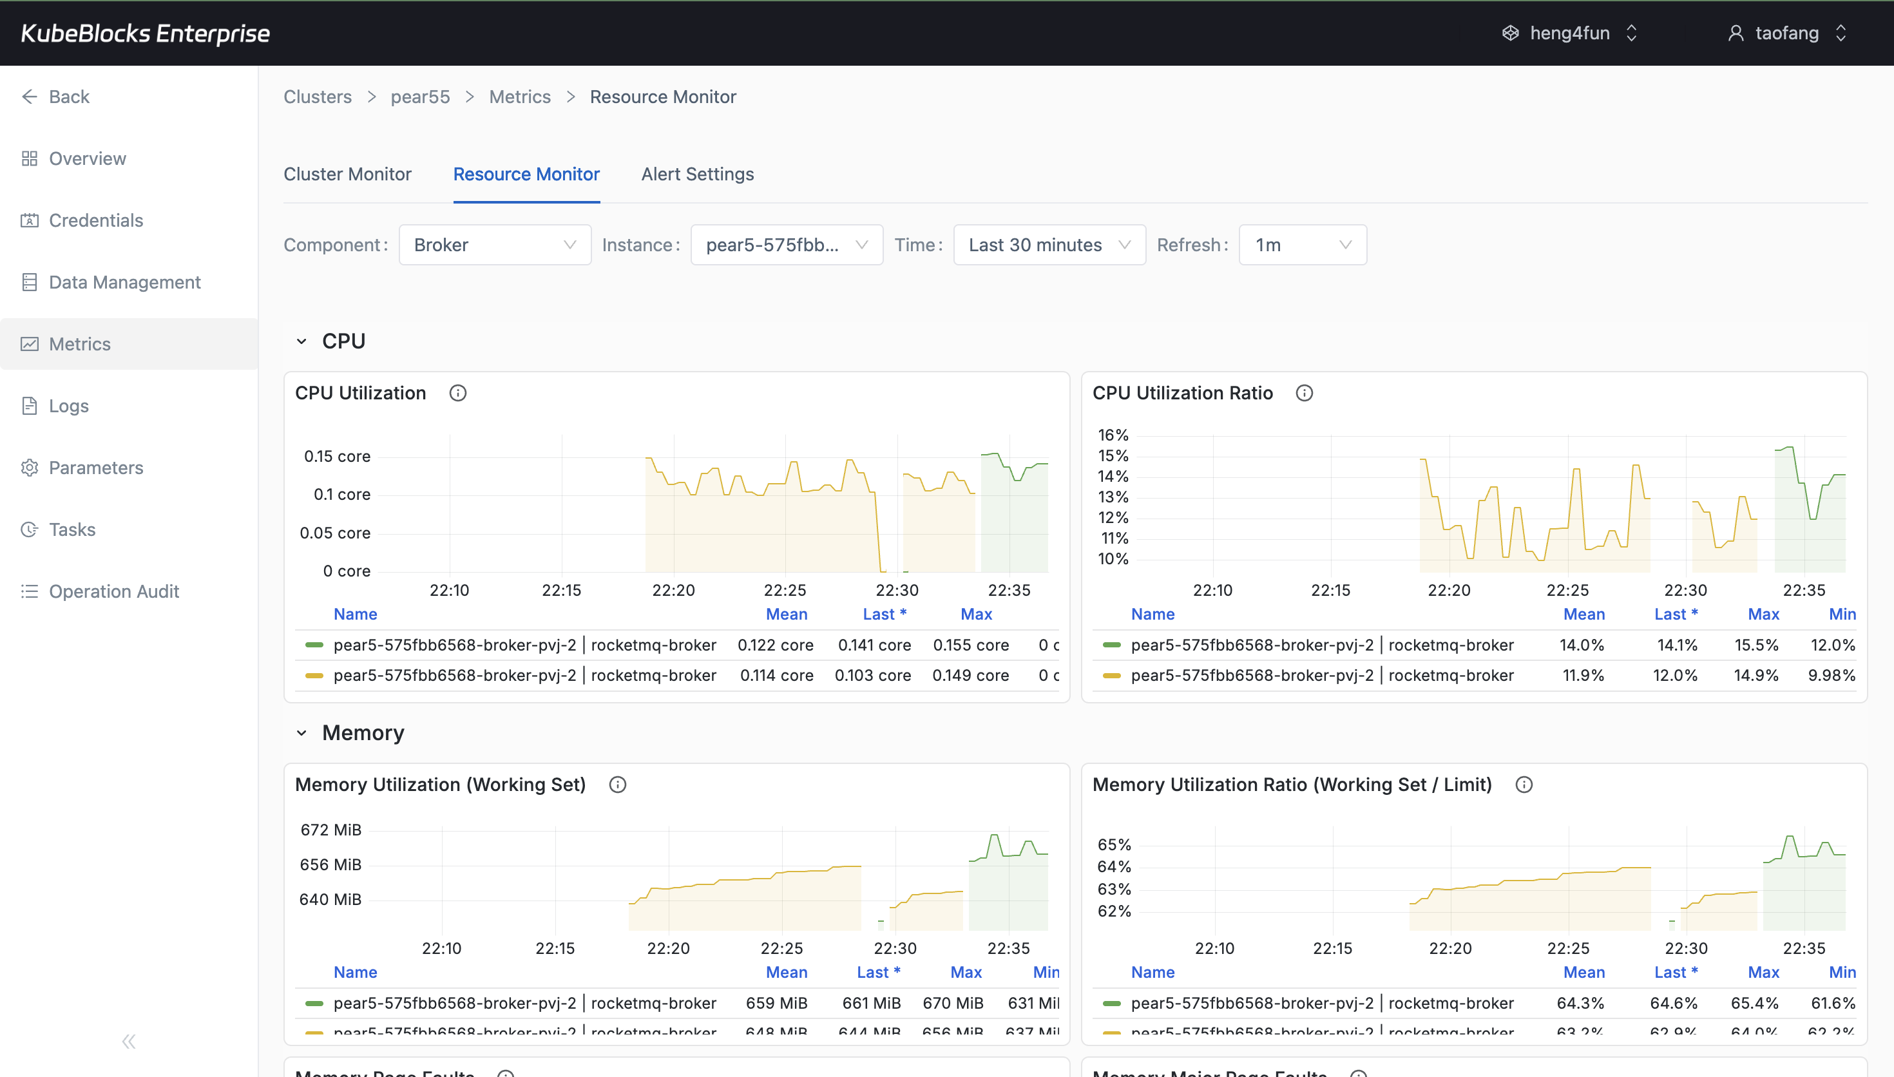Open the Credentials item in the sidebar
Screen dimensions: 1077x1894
coord(95,220)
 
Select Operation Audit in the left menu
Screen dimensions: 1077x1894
coord(113,591)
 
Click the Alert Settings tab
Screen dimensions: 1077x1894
coord(696,174)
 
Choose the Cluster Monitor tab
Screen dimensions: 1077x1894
coord(347,174)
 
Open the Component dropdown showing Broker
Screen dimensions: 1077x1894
coord(494,245)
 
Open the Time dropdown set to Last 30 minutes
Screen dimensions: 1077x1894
coord(1048,245)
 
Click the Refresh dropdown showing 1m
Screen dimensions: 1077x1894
coord(1301,245)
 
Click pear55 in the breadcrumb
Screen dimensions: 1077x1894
coord(419,97)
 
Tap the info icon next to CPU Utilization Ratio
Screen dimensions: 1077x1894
coord(1304,393)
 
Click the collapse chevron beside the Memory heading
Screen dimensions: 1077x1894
coord(301,733)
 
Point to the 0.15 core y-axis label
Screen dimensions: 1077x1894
coord(336,457)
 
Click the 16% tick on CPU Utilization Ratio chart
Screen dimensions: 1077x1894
coord(1113,435)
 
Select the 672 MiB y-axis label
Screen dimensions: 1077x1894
coord(330,830)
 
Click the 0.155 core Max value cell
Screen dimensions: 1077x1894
coord(970,645)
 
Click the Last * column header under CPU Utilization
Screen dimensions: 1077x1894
coord(884,614)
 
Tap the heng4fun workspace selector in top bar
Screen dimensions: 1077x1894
coord(1569,33)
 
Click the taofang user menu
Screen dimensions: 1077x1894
coord(1786,33)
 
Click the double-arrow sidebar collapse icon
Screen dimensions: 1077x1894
coord(129,1042)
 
